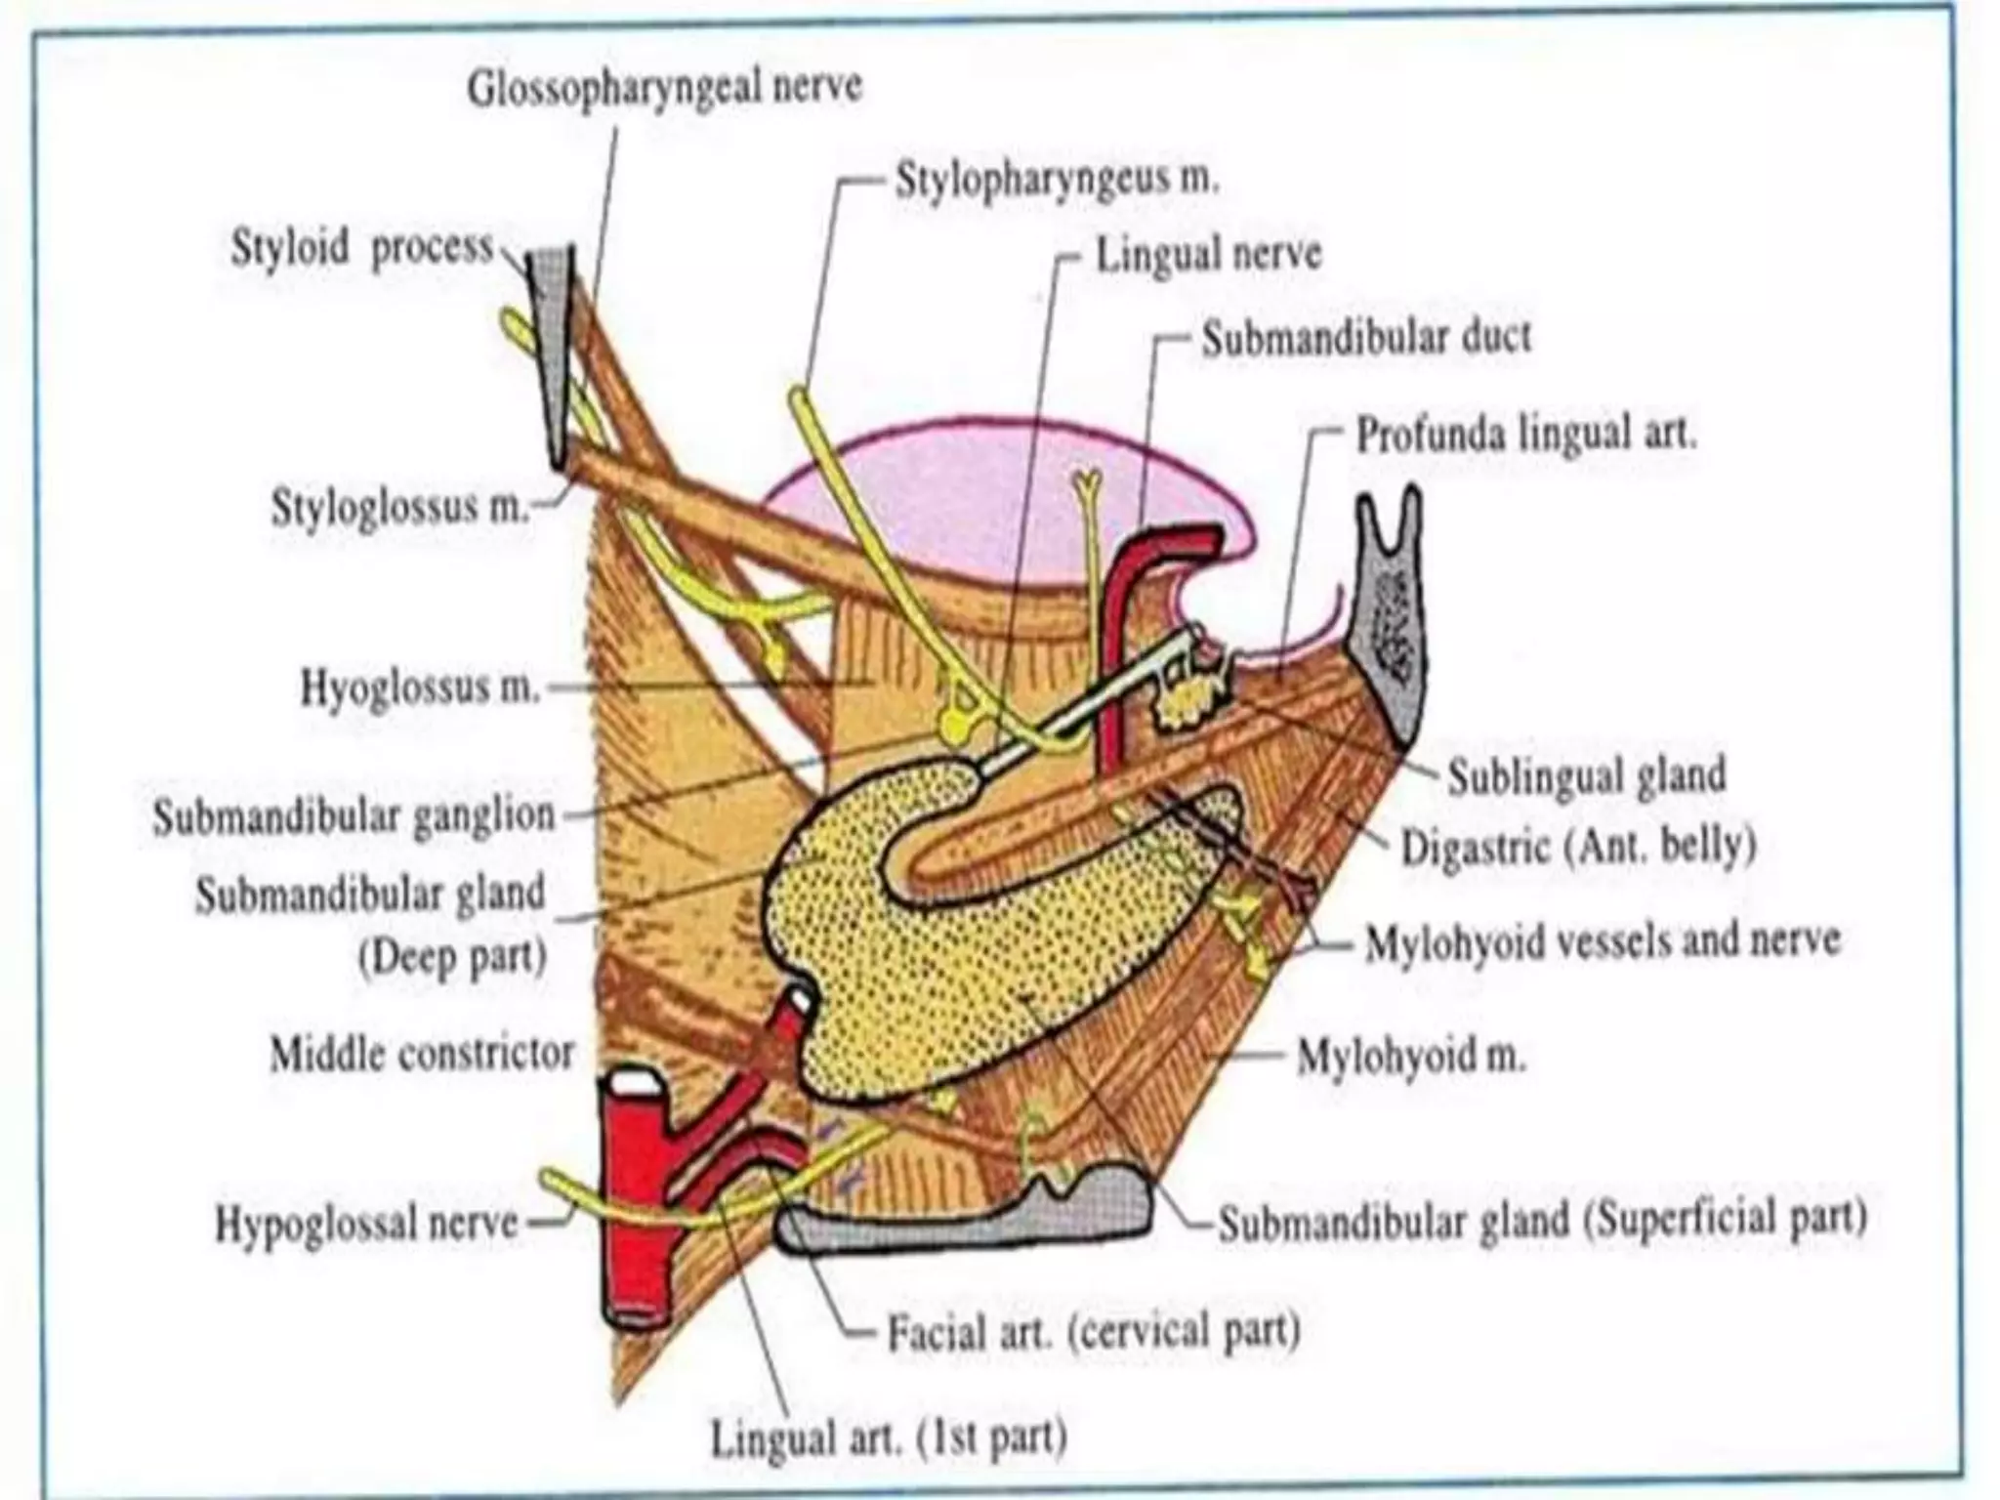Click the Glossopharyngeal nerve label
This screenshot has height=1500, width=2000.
(x=664, y=89)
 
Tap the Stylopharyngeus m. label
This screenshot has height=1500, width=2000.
(x=1058, y=182)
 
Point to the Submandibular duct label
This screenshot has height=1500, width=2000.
(x=1366, y=338)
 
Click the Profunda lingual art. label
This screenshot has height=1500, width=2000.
(x=1526, y=435)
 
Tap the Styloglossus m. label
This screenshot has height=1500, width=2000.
(x=399, y=509)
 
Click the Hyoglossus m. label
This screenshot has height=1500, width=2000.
(x=420, y=688)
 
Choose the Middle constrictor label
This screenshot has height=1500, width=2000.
(x=422, y=1054)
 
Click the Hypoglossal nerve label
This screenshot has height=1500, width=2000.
(x=367, y=1223)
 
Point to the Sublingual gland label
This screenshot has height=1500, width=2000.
(x=1587, y=776)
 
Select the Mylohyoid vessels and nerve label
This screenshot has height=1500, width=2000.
(x=1603, y=941)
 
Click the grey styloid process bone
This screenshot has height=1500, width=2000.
(x=552, y=352)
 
